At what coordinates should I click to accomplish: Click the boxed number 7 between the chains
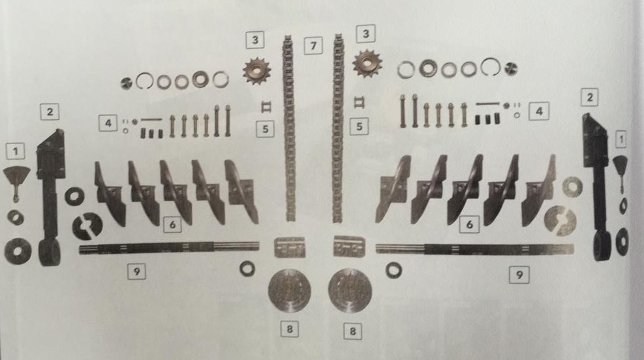tap(313, 46)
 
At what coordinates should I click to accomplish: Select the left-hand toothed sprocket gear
tap(256, 70)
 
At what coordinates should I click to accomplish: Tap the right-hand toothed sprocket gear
tap(367, 63)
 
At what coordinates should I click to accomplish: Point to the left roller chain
tap(289, 128)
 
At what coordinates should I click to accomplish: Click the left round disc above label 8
tap(289, 290)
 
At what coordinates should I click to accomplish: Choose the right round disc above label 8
tap(350, 290)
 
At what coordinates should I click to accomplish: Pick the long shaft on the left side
tap(169, 247)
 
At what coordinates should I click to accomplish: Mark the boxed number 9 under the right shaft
tap(519, 274)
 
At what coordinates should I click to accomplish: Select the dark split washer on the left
tap(87, 226)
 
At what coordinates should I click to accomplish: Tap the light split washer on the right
tap(560, 221)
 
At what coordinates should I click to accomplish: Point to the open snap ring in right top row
tap(491, 67)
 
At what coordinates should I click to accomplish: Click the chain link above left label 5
tap(266, 107)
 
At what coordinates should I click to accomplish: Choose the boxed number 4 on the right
tap(539, 111)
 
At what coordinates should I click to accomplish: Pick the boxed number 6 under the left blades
tap(172, 224)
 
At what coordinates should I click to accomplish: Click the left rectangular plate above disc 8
tap(290, 247)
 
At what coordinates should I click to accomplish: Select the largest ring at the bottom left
tap(18, 250)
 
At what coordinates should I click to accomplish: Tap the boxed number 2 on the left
tap(50, 112)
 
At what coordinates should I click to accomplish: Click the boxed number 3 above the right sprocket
tap(365, 34)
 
